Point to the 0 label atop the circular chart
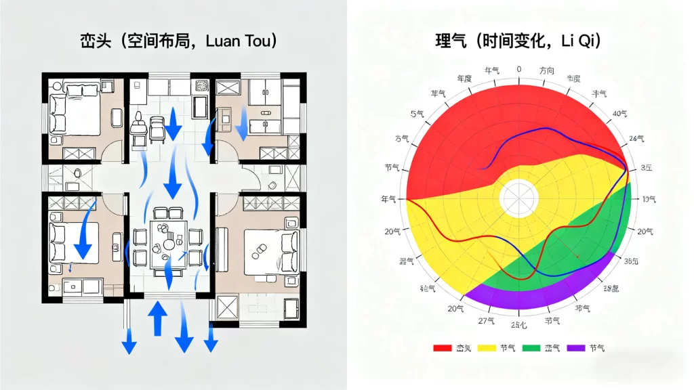[519, 69]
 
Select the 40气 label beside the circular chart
[621, 114]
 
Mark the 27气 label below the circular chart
[485, 320]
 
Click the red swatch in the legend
[442, 348]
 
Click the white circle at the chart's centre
[518, 199]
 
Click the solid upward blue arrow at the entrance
[157, 318]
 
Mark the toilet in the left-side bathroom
[77, 173]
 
